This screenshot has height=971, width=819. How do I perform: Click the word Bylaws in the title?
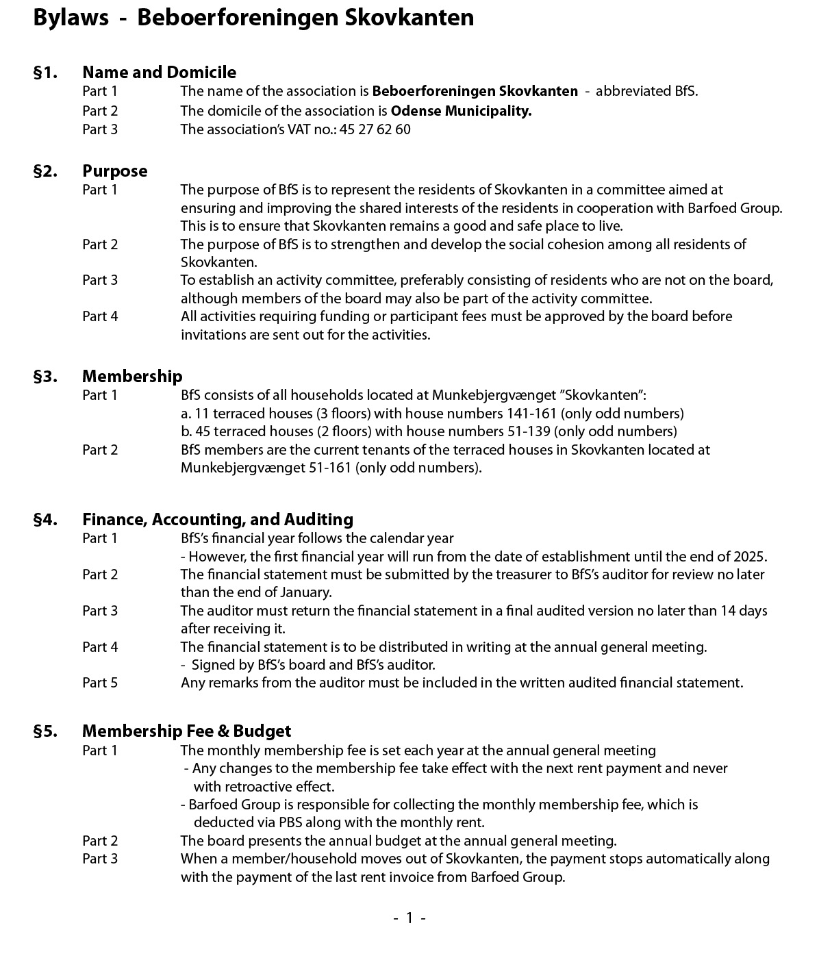click(x=71, y=18)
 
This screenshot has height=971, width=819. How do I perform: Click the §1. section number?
click(x=45, y=73)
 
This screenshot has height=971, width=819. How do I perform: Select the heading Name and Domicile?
click(x=159, y=73)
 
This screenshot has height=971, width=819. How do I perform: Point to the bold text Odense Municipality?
click(x=461, y=111)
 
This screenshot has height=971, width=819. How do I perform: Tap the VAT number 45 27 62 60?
click(x=375, y=129)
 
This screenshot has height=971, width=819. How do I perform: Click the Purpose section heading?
click(x=114, y=171)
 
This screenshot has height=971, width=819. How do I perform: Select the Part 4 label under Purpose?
click(x=100, y=316)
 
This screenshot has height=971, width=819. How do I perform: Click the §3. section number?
click(x=45, y=377)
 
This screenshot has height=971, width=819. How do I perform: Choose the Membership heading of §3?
click(x=132, y=377)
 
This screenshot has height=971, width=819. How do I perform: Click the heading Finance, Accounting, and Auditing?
click(x=218, y=520)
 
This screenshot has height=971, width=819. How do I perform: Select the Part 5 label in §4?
click(x=100, y=683)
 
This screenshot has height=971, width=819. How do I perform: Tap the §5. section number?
click(x=45, y=731)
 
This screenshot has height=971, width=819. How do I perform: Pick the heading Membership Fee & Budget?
click(x=186, y=731)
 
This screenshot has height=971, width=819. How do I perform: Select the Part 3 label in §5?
click(x=100, y=859)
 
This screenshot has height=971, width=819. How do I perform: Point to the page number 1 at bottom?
click(x=409, y=918)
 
